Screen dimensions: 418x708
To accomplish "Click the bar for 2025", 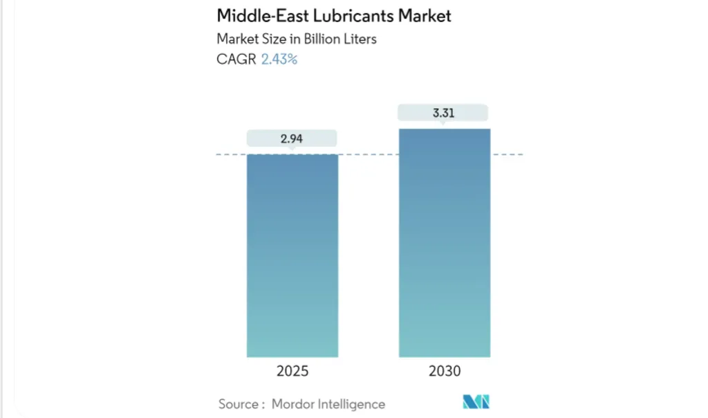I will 292,256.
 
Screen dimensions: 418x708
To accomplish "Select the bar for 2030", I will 445,242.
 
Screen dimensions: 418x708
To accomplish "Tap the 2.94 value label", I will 292,138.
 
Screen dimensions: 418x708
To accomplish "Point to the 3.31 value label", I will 443,113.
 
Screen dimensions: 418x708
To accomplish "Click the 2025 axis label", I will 292,372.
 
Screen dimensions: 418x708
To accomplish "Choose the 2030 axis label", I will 445,372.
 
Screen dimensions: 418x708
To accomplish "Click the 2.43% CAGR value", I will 279,60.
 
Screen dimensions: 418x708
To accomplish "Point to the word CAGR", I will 236,60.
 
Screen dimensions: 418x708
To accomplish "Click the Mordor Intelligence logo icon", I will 476,402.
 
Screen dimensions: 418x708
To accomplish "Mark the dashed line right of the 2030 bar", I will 507,154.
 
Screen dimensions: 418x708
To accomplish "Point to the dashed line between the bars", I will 369,154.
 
